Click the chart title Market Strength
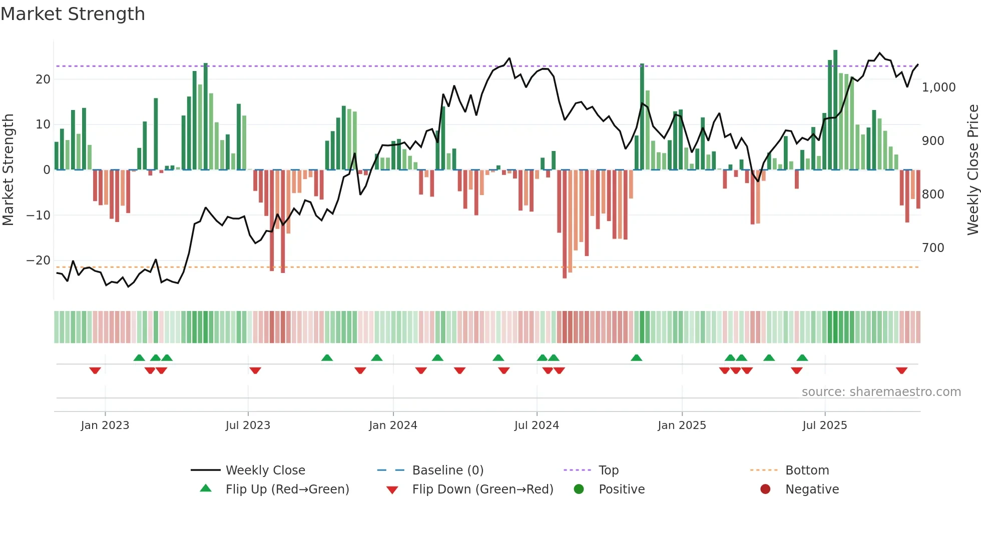coord(73,14)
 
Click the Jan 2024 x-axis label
coord(393,425)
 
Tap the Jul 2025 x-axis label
coord(824,425)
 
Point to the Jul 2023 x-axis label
coord(248,425)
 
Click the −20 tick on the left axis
coord(39,260)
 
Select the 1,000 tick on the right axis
coord(938,87)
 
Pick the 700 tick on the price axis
coord(933,247)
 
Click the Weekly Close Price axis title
coord(972,170)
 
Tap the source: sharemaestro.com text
coord(881,391)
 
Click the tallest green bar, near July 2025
coord(835,110)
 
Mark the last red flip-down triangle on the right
coord(901,370)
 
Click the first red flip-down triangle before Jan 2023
coord(95,370)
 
